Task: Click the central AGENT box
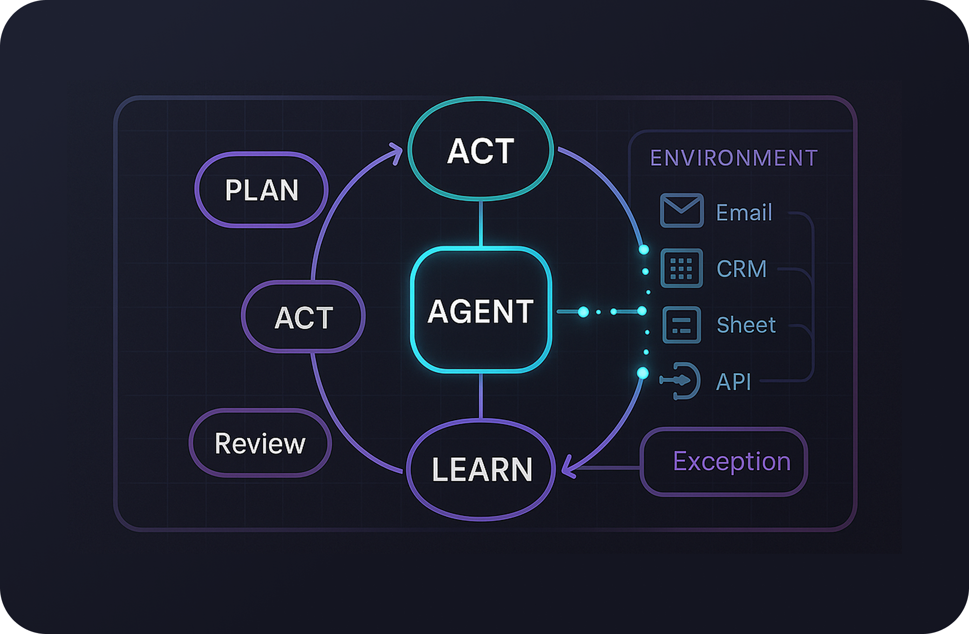481,310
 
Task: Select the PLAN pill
261,190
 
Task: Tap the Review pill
260,443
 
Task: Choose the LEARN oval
481,469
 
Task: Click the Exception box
723,462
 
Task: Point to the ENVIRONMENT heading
734,158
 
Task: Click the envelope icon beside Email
682,210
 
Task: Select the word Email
744,213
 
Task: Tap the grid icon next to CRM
682,268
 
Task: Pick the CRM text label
741,269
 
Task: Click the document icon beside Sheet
682,325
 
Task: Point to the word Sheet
746,325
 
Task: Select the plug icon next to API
682,381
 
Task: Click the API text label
733,382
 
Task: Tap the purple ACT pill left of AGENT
303,317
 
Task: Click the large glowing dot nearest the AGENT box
583,312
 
